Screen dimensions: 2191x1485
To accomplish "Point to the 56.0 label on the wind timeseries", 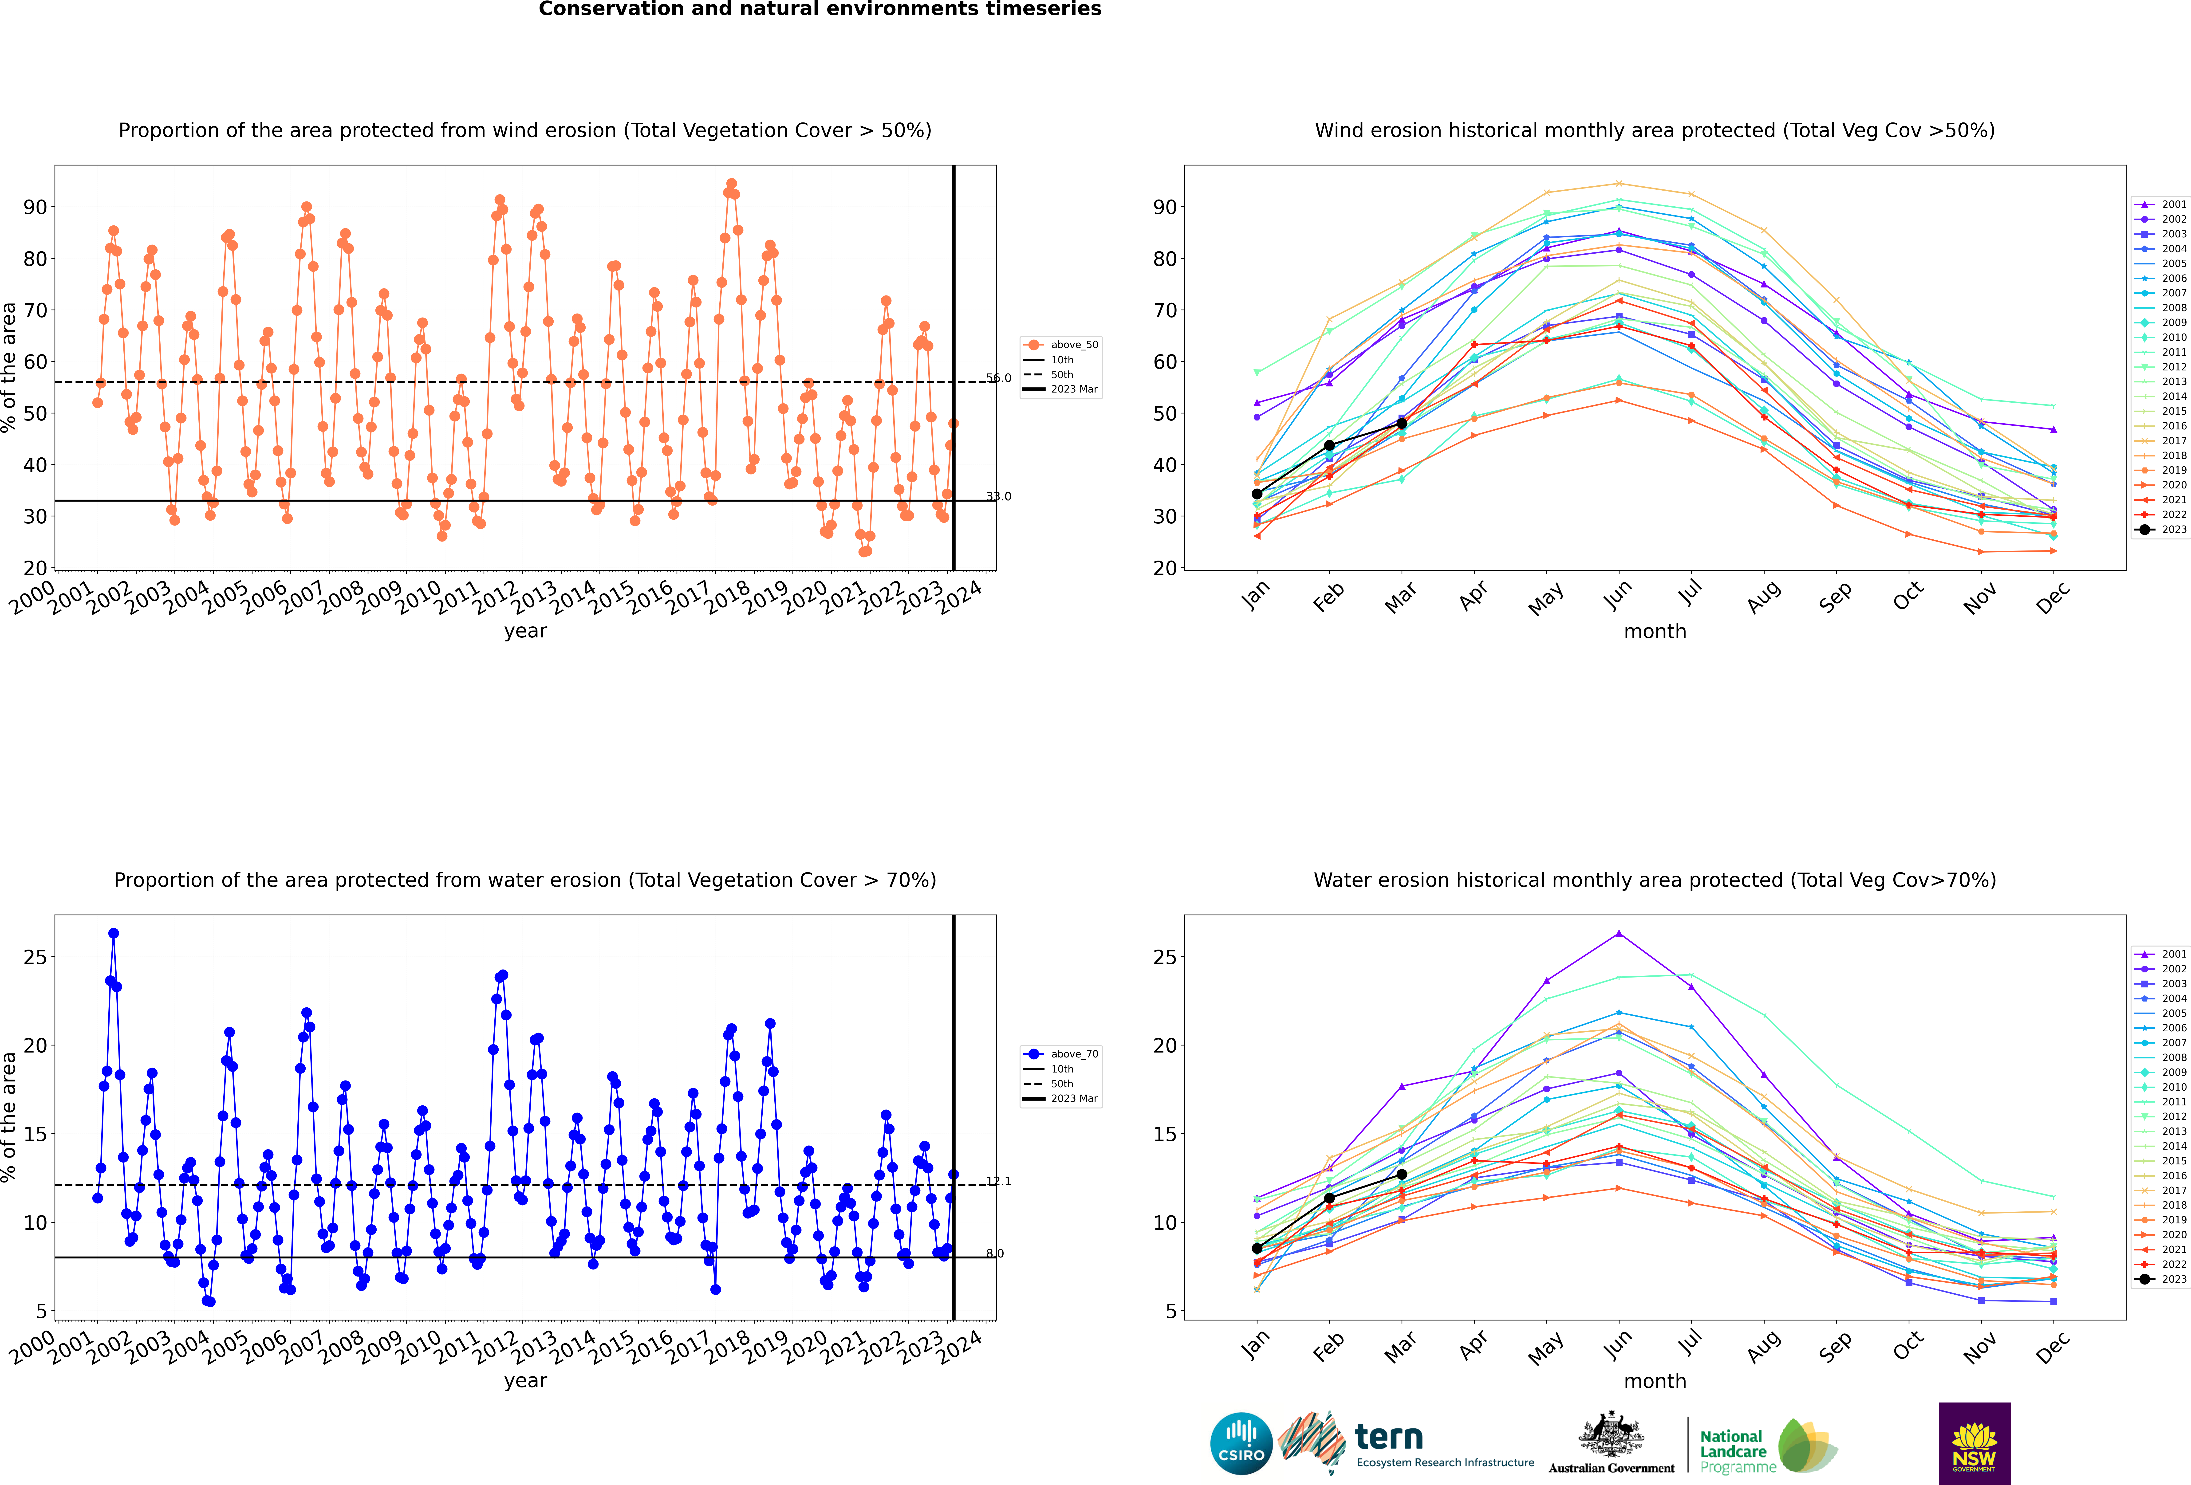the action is point(998,378).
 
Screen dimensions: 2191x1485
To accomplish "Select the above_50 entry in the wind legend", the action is point(1062,345).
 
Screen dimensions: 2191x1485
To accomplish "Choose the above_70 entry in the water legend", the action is point(1062,1054).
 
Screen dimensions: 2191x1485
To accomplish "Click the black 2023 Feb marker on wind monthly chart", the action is point(1329,445).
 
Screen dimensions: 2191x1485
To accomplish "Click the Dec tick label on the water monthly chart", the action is point(2052,1347).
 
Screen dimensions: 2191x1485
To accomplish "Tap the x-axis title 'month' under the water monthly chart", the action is point(1655,1381).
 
